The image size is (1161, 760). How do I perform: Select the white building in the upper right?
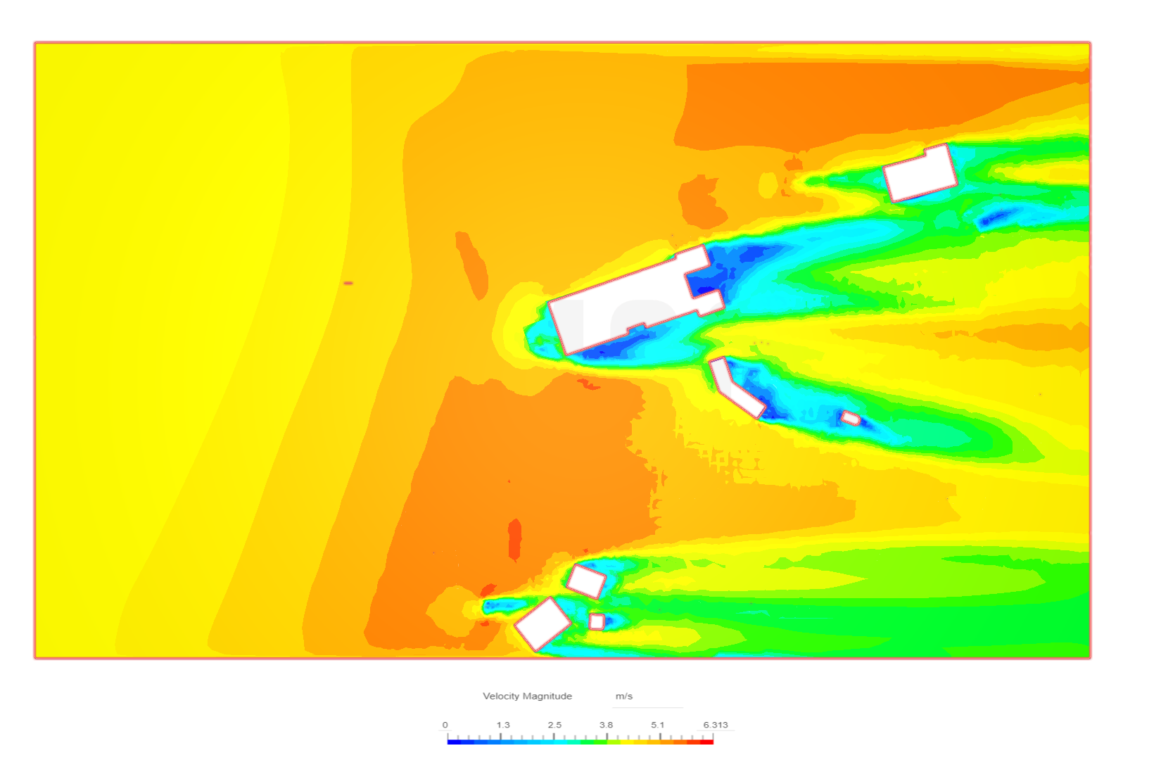[x=920, y=172]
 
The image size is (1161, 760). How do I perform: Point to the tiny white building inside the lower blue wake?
[x=851, y=418]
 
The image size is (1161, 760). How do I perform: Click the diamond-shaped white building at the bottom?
[x=543, y=624]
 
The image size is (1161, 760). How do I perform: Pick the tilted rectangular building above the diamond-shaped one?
[x=585, y=582]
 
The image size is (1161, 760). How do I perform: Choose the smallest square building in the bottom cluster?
[x=597, y=621]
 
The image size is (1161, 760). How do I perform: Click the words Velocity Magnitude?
[x=527, y=696]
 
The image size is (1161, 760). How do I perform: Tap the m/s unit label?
[x=624, y=696]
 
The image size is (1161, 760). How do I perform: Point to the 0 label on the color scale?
[x=445, y=725]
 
